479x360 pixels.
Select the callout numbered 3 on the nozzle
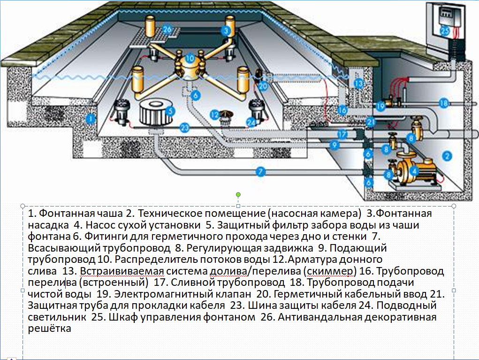(x=227, y=31)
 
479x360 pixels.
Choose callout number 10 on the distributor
(x=190, y=59)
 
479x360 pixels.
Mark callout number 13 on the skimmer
(x=359, y=84)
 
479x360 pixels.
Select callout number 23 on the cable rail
(x=185, y=127)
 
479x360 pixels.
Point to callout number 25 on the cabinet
(x=445, y=31)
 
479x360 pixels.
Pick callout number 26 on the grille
(x=168, y=30)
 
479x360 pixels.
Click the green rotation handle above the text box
(x=238, y=194)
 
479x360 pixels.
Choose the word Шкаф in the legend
(x=121, y=317)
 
